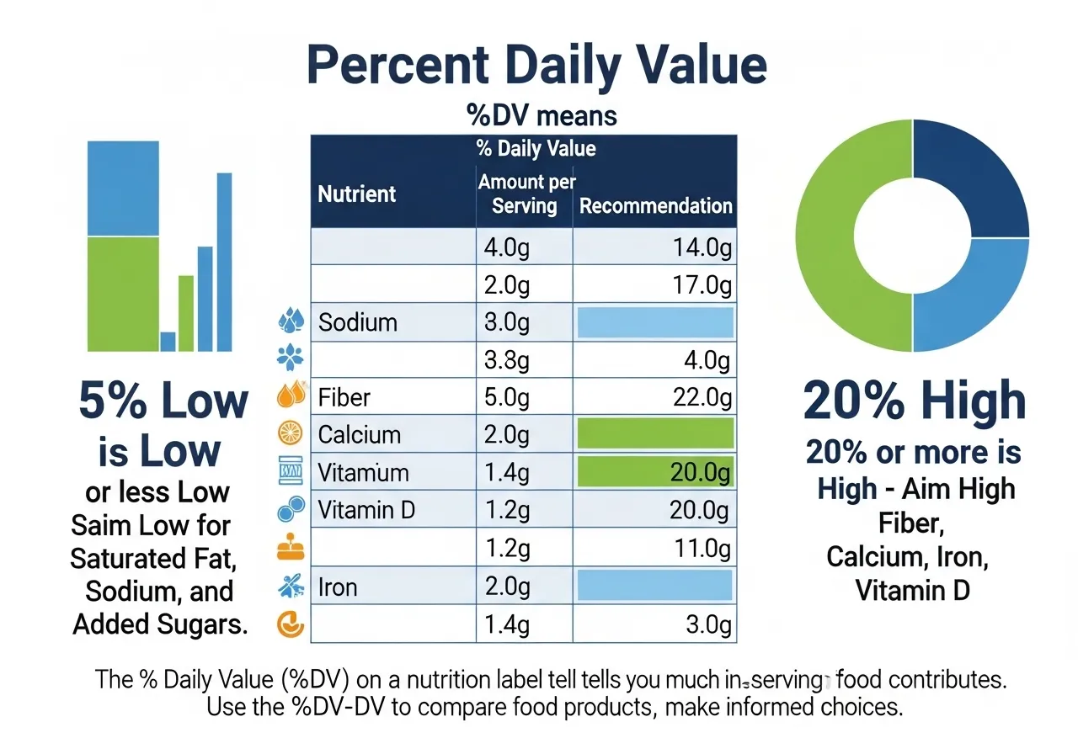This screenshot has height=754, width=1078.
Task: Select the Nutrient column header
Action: [356, 194]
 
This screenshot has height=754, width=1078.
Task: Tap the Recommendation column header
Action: [655, 206]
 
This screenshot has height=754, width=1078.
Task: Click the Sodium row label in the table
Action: [358, 322]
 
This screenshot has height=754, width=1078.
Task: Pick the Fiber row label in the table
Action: [344, 397]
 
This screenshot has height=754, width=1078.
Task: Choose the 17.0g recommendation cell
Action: [701, 285]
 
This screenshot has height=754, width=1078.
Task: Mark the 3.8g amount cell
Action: [507, 360]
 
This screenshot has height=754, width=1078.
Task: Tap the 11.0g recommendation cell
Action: [701, 548]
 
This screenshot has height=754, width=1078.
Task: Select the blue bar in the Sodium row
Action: [655, 322]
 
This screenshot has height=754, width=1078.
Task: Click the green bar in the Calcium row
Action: [655, 434]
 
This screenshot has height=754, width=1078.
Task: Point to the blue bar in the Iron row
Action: [655, 586]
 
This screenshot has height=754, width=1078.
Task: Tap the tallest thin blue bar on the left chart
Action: [225, 261]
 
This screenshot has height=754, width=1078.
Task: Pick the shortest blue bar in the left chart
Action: [168, 342]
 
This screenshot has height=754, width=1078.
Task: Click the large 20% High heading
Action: [914, 401]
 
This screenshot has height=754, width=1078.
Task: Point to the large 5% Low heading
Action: [163, 401]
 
